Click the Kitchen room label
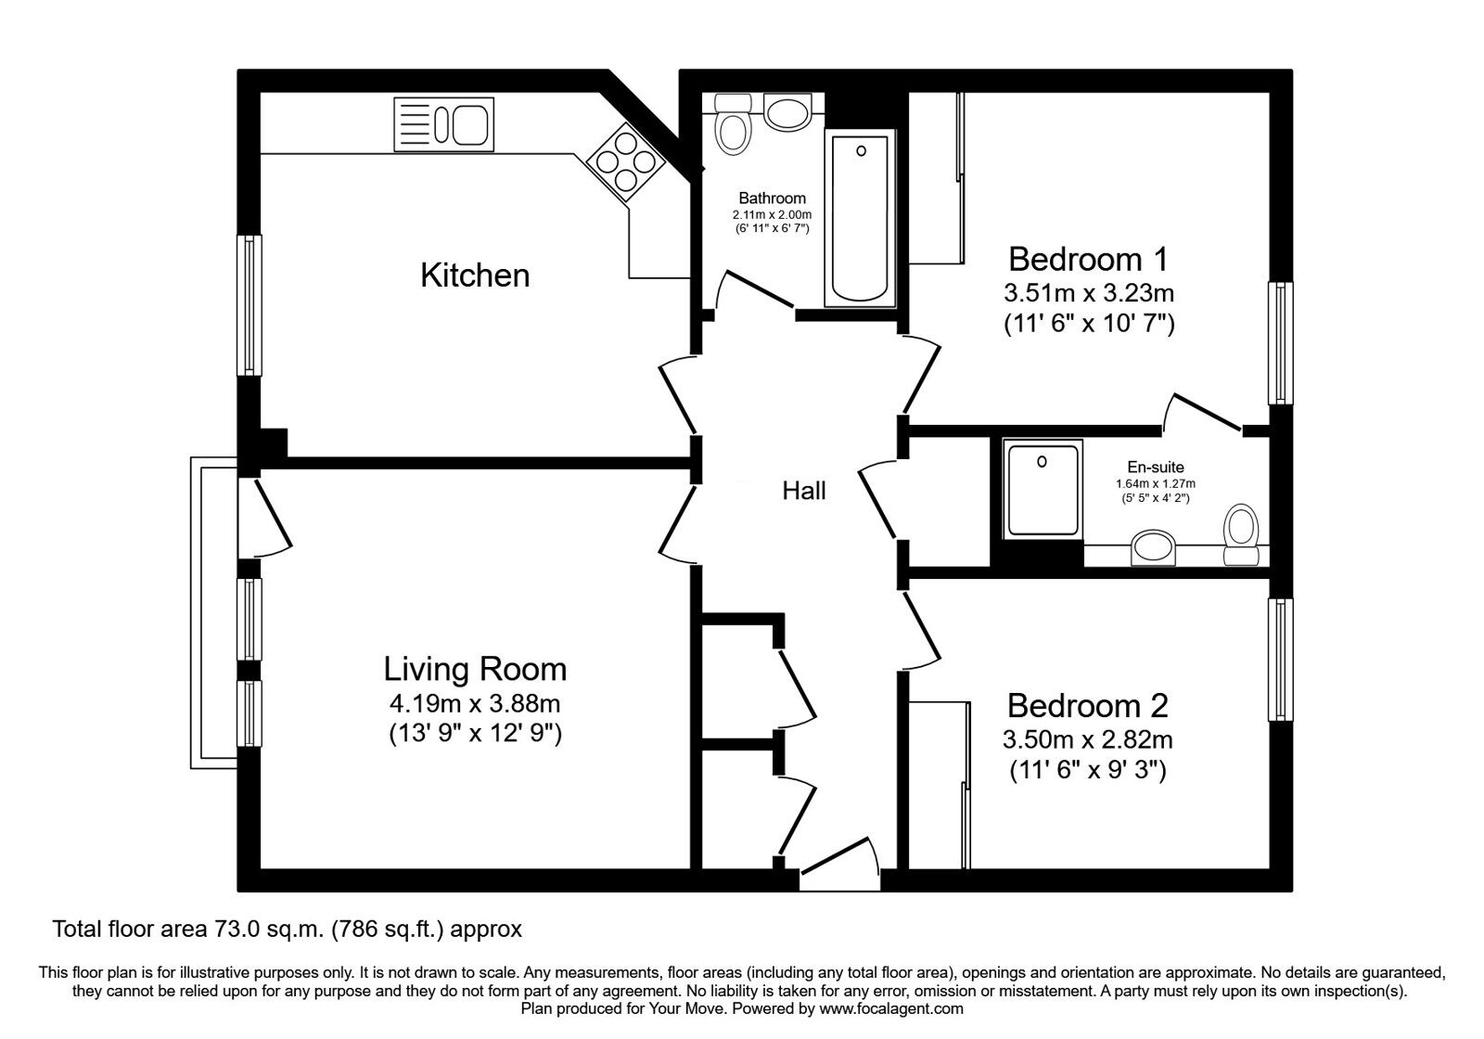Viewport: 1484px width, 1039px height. pos(475,276)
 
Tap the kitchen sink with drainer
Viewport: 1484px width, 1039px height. pos(442,124)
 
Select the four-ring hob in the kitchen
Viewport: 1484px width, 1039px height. pos(624,163)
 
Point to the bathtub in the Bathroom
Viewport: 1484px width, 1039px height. pos(860,219)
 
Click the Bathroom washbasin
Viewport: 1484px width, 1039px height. pos(787,114)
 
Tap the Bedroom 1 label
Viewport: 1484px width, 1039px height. pos(1088,258)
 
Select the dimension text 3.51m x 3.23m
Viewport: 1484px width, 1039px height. pos(1089,294)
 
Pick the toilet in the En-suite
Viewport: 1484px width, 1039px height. pos(1240,535)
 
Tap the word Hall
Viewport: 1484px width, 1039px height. pos(803,491)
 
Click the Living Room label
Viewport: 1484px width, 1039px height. pos(475,669)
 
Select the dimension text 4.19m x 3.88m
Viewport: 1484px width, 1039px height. pos(475,704)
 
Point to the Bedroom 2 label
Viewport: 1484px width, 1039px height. pos(1087,706)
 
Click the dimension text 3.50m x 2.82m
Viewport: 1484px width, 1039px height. pos(1087,740)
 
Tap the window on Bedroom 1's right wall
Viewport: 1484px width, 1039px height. pos(1280,343)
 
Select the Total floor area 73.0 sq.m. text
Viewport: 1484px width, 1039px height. pos(288,929)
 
